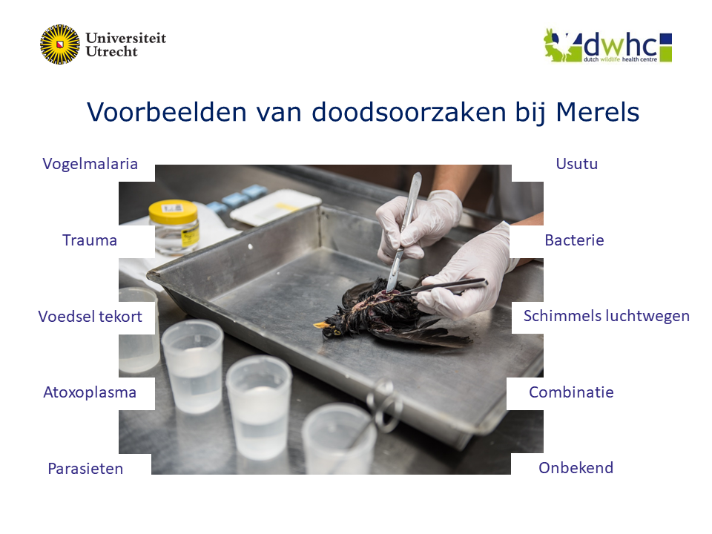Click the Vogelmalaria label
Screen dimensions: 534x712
(90, 164)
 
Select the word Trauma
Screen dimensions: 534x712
(90, 240)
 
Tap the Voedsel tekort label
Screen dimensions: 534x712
(90, 317)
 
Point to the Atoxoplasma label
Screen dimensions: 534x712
(90, 392)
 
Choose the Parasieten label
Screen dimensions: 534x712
(85, 469)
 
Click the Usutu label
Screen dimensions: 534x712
(576, 164)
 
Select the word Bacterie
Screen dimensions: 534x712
(574, 240)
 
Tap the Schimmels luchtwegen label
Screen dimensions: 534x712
(607, 316)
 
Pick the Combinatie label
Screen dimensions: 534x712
(571, 392)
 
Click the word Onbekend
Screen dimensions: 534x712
(576, 468)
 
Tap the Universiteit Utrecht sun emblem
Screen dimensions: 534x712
(59, 44)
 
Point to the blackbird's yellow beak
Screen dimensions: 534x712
(321, 325)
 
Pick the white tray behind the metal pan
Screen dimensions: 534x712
(274, 206)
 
